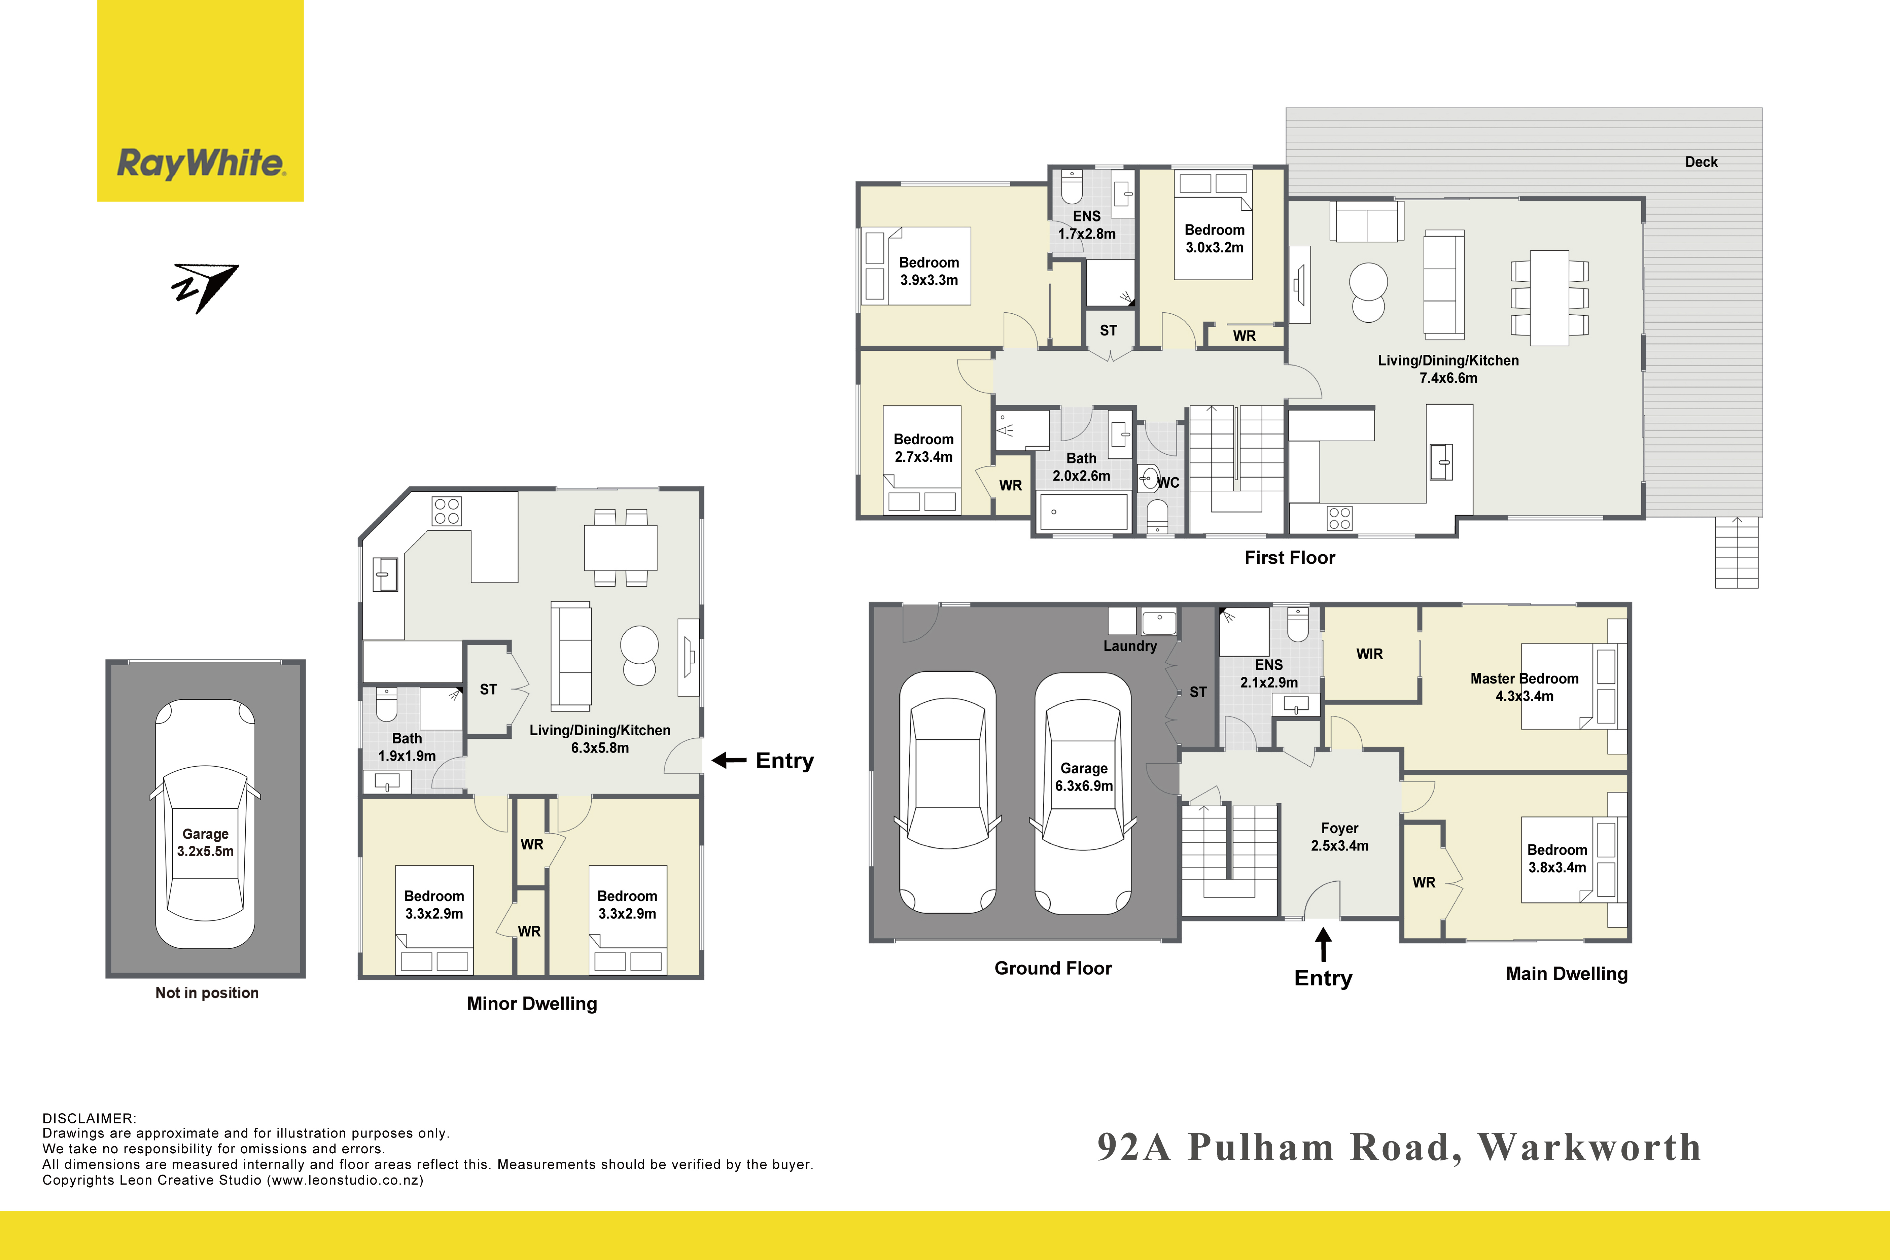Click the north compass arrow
pyautogui.click(x=206, y=288)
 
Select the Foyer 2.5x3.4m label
pyautogui.click(x=1339, y=837)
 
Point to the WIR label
pyautogui.click(x=1369, y=654)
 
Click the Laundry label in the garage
pyautogui.click(x=1130, y=646)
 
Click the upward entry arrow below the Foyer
pyautogui.click(x=1323, y=945)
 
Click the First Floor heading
pyautogui.click(x=1290, y=558)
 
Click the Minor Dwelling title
pyautogui.click(x=532, y=1004)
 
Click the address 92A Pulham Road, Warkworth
pyautogui.click(x=1399, y=1148)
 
